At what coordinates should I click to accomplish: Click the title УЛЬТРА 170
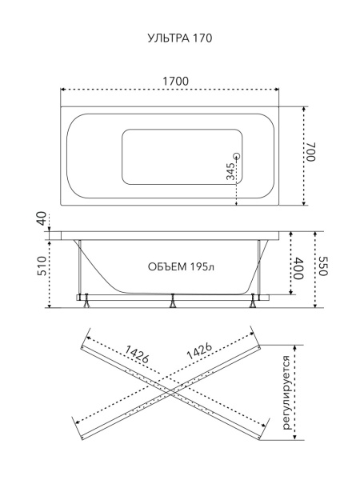(x=180, y=38)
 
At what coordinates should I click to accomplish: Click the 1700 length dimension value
(x=175, y=82)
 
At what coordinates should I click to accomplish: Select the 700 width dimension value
(x=310, y=151)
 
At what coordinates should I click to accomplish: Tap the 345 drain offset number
(x=230, y=171)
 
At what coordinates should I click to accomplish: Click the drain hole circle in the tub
(x=237, y=156)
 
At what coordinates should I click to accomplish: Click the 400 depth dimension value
(x=298, y=269)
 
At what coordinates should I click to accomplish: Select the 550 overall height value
(x=323, y=266)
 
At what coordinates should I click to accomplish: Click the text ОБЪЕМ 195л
(x=182, y=267)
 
